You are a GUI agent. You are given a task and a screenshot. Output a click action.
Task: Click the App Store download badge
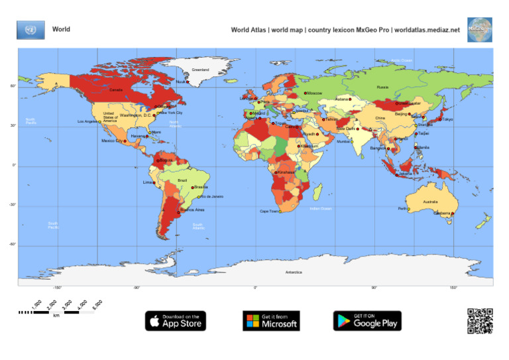click(x=176, y=321)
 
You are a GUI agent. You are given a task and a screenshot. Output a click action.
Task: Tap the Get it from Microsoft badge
click(x=271, y=321)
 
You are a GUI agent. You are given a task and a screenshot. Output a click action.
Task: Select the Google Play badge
click(x=367, y=321)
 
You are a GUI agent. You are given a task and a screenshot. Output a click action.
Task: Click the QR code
click(x=480, y=321)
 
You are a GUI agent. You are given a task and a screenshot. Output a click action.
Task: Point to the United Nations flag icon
click(x=30, y=30)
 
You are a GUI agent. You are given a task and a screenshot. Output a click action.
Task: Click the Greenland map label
click(x=200, y=70)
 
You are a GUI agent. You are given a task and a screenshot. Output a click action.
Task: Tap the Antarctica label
click(x=294, y=272)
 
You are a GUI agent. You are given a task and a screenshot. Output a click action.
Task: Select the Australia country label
click(x=430, y=202)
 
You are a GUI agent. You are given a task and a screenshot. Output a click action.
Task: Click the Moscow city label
click(x=314, y=93)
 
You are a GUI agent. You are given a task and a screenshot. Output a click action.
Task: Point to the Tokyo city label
click(x=447, y=119)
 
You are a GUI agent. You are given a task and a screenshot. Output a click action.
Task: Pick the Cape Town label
click(x=268, y=211)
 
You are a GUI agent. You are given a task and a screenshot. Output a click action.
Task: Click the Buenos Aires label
click(x=193, y=210)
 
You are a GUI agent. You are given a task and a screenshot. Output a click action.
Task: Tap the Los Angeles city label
click(x=87, y=121)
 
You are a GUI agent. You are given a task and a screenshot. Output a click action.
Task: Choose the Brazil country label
click(x=182, y=180)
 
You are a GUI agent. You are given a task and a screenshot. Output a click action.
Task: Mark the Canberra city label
click(x=443, y=213)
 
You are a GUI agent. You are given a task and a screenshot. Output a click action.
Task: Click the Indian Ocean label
click(x=320, y=208)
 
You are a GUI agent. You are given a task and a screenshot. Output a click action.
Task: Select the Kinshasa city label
click(x=286, y=172)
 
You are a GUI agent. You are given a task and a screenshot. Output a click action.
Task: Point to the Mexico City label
click(x=111, y=141)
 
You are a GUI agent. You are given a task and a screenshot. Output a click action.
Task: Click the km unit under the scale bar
click(x=56, y=316)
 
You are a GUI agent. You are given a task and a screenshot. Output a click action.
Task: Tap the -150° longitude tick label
click(x=58, y=288)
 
